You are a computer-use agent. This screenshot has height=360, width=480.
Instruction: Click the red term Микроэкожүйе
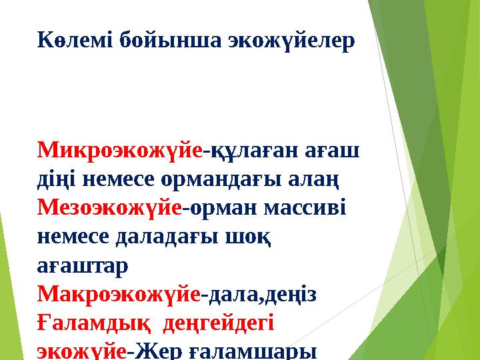[120, 151]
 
